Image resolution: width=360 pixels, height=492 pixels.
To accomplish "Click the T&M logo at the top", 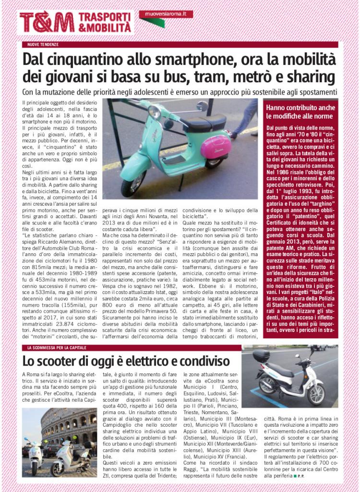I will click(x=47, y=22).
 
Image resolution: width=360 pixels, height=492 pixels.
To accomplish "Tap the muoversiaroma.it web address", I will click(x=162, y=14).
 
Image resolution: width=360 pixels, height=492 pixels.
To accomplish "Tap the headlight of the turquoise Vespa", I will click(x=154, y=112).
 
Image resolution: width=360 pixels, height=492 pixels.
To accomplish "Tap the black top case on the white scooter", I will click(x=262, y=356).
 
